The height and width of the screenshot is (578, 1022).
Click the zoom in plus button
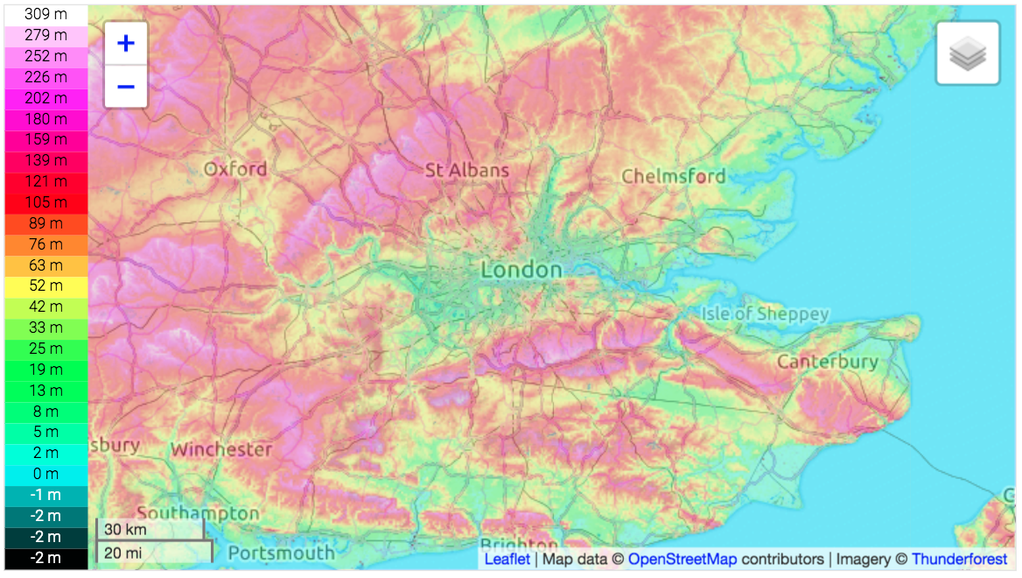click(x=126, y=43)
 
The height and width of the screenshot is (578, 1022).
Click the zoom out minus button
click(x=126, y=87)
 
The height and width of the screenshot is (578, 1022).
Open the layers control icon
click(x=967, y=54)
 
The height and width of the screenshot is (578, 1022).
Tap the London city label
click(x=521, y=270)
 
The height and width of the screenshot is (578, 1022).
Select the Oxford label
click(x=235, y=168)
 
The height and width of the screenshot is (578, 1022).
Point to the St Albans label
click(x=466, y=170)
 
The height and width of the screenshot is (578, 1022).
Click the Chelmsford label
click(x=673, y=176)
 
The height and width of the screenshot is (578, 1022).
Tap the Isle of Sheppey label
click(x=765, y=314)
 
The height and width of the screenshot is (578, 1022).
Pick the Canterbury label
click(x=827, y=361)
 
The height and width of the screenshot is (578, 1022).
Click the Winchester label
click(x=221, y=449)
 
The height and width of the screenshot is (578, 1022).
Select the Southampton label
click(x=198, y=512)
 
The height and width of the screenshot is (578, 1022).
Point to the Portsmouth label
click(x=281, y=553)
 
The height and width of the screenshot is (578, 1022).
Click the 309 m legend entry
click(x=45, y=14)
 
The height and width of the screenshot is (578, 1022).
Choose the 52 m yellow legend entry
click(x=45, y=285)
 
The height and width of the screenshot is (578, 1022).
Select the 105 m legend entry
click(x=45, y=202)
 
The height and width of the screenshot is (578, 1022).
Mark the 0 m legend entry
click(x=45, y=474)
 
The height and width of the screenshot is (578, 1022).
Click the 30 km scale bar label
click(x=126, y=530)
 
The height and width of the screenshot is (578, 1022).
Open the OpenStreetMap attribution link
click(x=682, y=559)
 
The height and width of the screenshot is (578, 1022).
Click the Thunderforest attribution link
click(x=958, y=559)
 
